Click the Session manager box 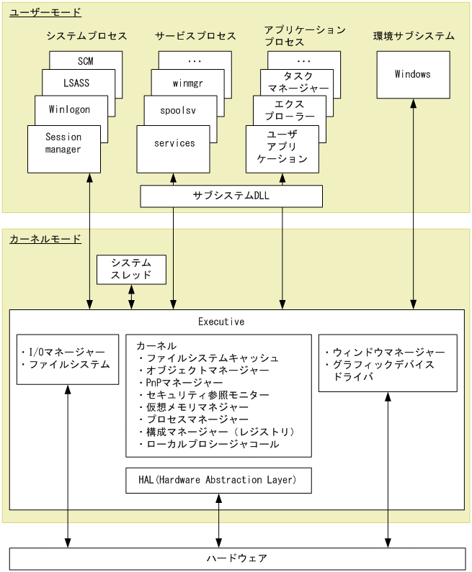coord(63,144)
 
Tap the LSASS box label coord(76,83)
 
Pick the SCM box coord(86,61)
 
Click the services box coord(174,144)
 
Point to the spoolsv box coord(180,110)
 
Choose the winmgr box coord(187,83)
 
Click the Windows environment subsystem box coord(413,74)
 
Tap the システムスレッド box coord(131,269)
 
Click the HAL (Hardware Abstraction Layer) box coord(218,480)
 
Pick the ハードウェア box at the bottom coord(236,558)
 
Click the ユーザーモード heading coord(45,12)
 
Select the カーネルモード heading coord(45,239)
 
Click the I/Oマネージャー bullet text coord(66,352)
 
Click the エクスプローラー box coord(290,110)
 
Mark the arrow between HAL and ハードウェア coord(218,520)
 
